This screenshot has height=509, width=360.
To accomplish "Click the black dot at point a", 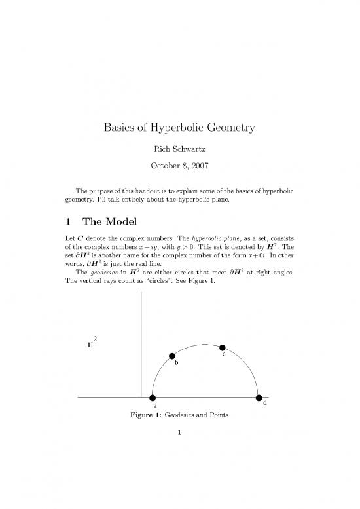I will (x=153, y=398).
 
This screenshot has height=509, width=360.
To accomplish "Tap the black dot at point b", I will (x=173, y=356).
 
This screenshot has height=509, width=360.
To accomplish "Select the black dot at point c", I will (x=223, y=347).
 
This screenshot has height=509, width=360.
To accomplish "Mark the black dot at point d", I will (x=259, y=398).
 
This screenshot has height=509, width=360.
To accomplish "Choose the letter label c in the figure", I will (x=225, y=355).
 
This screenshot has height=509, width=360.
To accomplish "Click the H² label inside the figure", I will (x=92, y=342).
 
